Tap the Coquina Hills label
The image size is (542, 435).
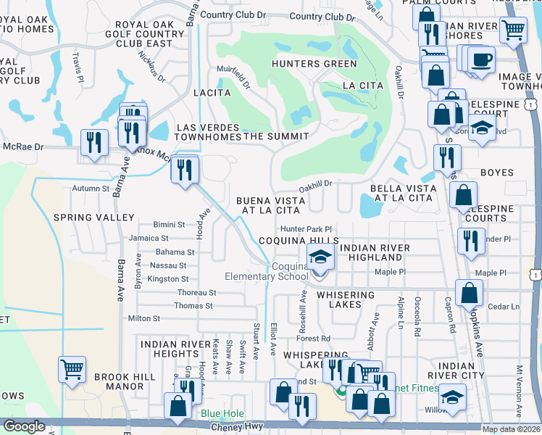point(299,241)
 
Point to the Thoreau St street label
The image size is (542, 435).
point(197,292)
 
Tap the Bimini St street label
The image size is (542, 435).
point(169,225)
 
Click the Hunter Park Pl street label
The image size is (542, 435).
point(311,228)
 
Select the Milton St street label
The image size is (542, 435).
point(143,318)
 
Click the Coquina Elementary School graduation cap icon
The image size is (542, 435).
point(320,256)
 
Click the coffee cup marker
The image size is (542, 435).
point(480,58)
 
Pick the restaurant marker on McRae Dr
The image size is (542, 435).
point(93,142)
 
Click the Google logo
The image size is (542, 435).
point(23,426)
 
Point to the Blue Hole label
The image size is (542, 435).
point(220,414)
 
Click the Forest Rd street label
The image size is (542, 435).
point(313,338)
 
